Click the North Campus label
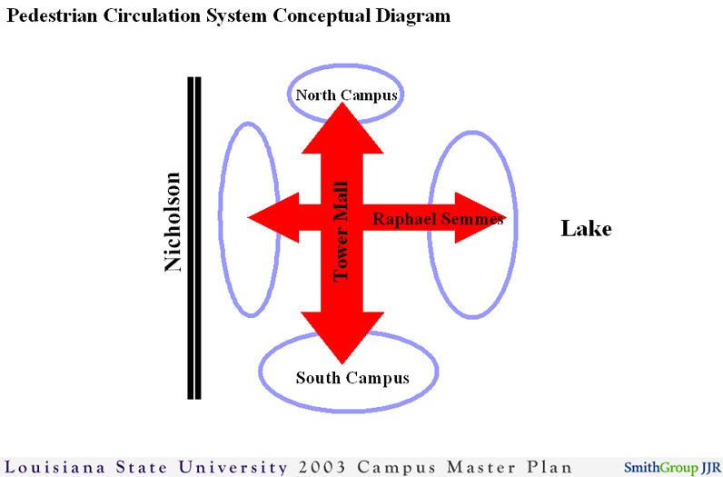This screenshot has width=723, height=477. click(x=347, y=95)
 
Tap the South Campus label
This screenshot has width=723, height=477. click(x=352, y=378)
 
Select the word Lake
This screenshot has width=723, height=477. click(x=586, y=228)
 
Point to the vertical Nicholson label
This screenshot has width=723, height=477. click(x=173, y=222)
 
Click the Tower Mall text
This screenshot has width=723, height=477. click(x=341, y=232)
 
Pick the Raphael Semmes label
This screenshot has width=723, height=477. click(x=438, y=219)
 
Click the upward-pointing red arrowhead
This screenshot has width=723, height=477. click(x=342, y=128)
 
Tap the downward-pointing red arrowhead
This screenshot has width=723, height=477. click(x=342, y=338)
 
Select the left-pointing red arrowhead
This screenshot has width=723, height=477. click(x=273, y=217)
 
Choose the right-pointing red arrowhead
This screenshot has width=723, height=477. click(x=480, y=217)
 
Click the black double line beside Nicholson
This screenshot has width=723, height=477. click(x=194, y=237)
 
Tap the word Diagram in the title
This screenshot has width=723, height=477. click(x=412, y=16)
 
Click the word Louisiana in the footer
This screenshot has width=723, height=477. click(x=54, y=466)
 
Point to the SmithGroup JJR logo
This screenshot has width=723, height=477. click(x=672, y=467)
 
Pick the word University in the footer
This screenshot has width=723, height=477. click(x=233, y=467)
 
